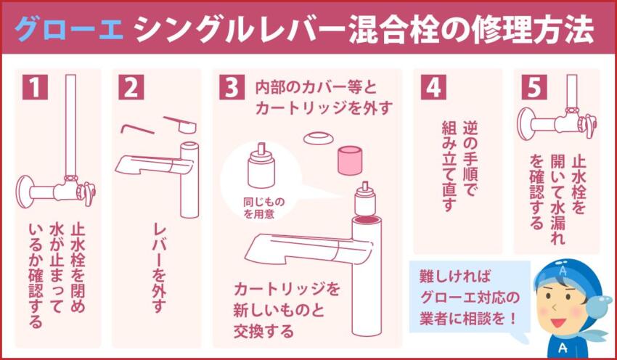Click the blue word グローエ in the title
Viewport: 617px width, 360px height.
70,30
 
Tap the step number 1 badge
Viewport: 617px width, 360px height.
33,87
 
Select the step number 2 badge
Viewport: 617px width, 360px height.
131,87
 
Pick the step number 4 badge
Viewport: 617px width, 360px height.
432,87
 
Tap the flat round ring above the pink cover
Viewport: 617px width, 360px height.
318,138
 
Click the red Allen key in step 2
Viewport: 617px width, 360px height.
136,128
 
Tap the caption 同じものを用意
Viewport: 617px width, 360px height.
259,207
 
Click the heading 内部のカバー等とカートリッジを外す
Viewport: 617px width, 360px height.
323,98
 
